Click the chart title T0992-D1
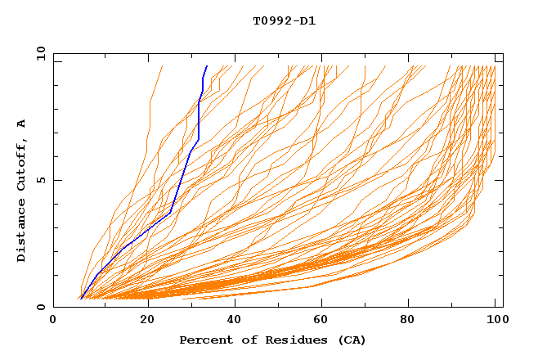click(284, 21)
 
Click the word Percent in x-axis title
click(204, 340)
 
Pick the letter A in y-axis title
click(22, 124)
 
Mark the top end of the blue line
click(207, 66)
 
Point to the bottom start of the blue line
click(81, 298)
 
